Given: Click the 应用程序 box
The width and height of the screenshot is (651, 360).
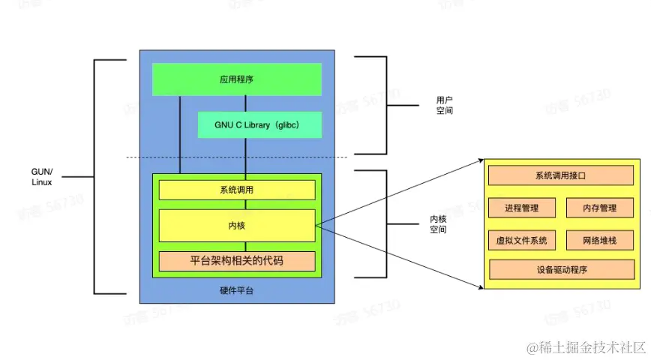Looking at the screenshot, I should click(x=236, y=79).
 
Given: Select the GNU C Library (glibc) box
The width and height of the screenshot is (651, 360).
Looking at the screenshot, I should click(x=259, y=124).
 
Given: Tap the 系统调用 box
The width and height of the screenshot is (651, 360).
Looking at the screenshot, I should click(x=236, y=190).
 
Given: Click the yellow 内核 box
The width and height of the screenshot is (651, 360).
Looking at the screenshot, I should click(x=236, y=225).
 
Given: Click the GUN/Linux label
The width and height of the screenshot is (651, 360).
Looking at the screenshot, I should click(x=42, y=177).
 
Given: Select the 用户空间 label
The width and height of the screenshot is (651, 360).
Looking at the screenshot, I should click(x=445, y=104).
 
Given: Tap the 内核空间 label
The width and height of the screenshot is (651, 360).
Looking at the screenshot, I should click(x=438, y=224).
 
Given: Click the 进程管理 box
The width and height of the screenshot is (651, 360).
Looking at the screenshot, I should click(x=522, y=208).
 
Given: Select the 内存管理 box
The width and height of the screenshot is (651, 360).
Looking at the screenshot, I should click(x=599, y=208).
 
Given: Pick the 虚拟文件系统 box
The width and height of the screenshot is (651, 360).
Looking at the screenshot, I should click(x=522, y=240).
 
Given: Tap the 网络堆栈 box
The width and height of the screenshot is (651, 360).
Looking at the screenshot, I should click(x=599, y=240).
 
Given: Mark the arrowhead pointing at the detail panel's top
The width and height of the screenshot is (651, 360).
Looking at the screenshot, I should click(x=480, y=160).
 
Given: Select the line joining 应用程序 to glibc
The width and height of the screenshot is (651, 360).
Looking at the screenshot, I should click(x=246, y=103).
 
